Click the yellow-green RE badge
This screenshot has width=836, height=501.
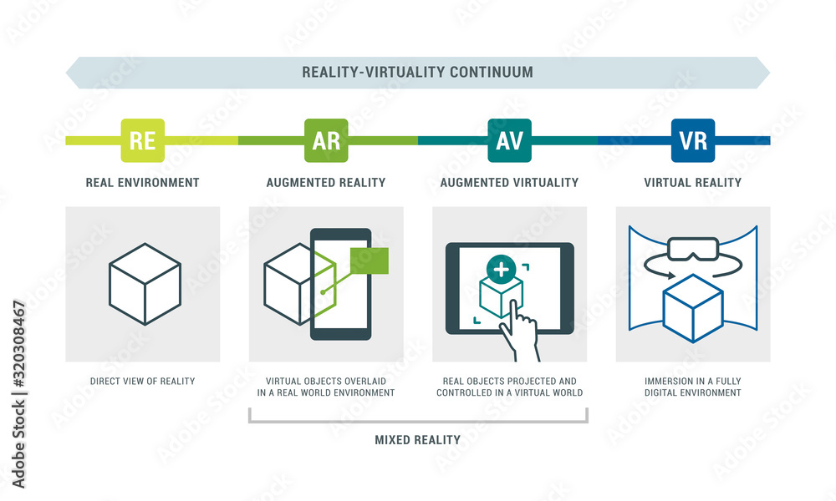[x=142, y=140]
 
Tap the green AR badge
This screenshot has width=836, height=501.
[x=326, y=140]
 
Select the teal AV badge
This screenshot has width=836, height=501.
[x=509, y=140]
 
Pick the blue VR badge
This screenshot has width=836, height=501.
[x=692, y=140]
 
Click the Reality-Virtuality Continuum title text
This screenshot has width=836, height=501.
[x=417, y=73]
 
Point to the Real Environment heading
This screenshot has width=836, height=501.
[x=142, y=183]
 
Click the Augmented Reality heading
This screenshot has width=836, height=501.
[x=326, y=183]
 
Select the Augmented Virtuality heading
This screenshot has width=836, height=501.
[x=509, y=183]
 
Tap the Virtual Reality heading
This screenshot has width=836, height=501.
[x=692, y=183]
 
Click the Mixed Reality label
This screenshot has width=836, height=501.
[x=417, y=440]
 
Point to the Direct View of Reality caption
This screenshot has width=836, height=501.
[x=142, y=382]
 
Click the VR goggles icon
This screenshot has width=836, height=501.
[x=692, y=249]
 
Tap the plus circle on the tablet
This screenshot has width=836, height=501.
[x=501, y=270]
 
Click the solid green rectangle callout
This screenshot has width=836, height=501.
[x=369, y=261]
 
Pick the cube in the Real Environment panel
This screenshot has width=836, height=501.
[x=145, y=284]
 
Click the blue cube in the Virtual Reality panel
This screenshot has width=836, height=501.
[x=692, y=308]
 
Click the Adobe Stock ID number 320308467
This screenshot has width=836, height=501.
[x=19, y=345]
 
